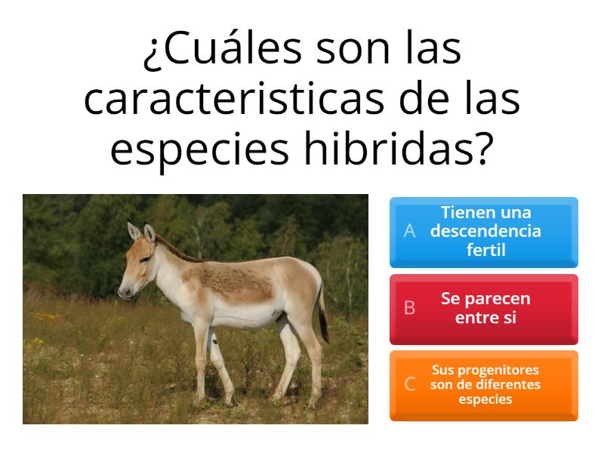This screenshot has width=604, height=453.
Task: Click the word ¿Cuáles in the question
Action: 223,49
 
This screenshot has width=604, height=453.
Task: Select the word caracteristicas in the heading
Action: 234,99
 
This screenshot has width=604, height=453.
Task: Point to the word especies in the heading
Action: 199,149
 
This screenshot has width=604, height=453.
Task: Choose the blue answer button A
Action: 484,233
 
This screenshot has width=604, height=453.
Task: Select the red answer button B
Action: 484,310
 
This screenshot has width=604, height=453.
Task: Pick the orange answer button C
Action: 484,386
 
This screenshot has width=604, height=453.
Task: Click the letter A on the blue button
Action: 409,231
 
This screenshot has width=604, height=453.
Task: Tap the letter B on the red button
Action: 409,308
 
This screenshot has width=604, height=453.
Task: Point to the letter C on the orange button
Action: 409,384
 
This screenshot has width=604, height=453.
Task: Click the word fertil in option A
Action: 485,250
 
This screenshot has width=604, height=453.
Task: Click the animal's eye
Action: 145,259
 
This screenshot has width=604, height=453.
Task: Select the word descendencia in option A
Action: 485,231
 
